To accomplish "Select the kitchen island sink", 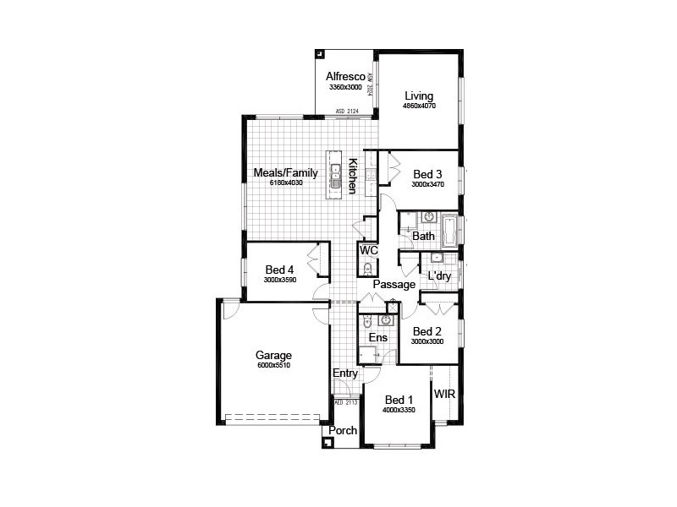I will (336, 173).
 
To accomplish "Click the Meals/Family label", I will (285, 172).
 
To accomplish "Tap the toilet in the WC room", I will (366, 269).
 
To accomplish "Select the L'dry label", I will (439, 276).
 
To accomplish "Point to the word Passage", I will (394, 285).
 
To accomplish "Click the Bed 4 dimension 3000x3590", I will (278, 280).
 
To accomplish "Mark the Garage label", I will (273, 356).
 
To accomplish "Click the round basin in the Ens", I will (386, 320).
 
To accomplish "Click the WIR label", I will (444, 394).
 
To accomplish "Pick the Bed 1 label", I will (399, 400).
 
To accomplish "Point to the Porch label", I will (343, 431).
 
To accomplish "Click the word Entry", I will (344, 374).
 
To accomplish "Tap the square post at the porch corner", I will (327, 440).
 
